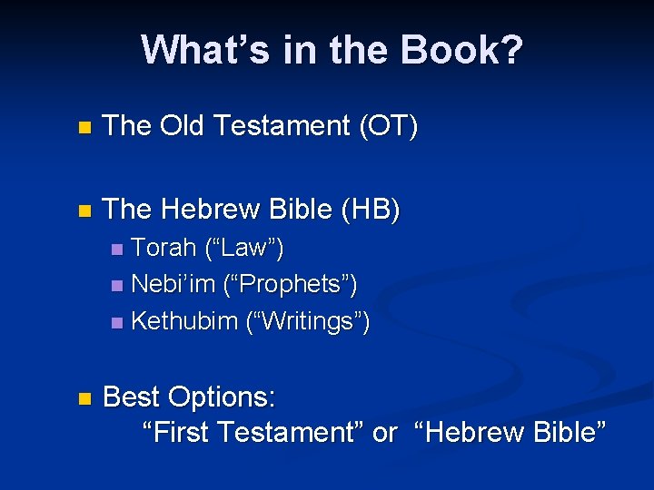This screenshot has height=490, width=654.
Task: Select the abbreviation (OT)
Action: click(x=389, y=126)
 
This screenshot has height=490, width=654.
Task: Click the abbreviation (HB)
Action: click(x=369, y=210)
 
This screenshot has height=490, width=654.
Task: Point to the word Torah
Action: click(x=160, y=247)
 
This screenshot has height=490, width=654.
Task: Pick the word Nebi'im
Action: click(x=170, y=284)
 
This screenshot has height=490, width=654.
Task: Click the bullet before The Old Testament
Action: click(x=84, y=128)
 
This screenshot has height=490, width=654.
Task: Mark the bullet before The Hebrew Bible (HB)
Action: click(x=84, y=211)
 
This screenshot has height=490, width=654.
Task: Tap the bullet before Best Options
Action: click(x=84, y=398)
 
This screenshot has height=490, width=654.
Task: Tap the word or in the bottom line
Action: click(x=385, y=434)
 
